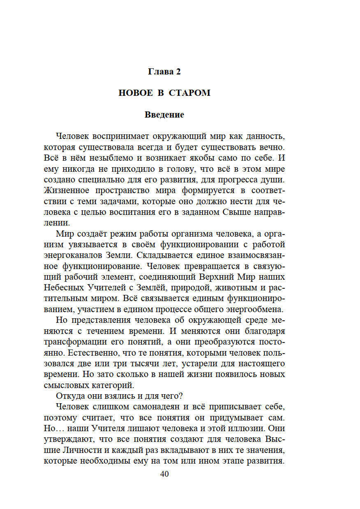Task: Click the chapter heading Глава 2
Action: pos(164,72)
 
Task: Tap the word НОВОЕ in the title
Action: pos(135,93)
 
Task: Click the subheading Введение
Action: pos(164,115)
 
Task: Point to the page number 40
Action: pos(164,474)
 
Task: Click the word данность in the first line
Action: pos(265,136)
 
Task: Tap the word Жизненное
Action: pos(67,190)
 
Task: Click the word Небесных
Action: pos(64,288)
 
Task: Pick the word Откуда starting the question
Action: pos(69,396)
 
